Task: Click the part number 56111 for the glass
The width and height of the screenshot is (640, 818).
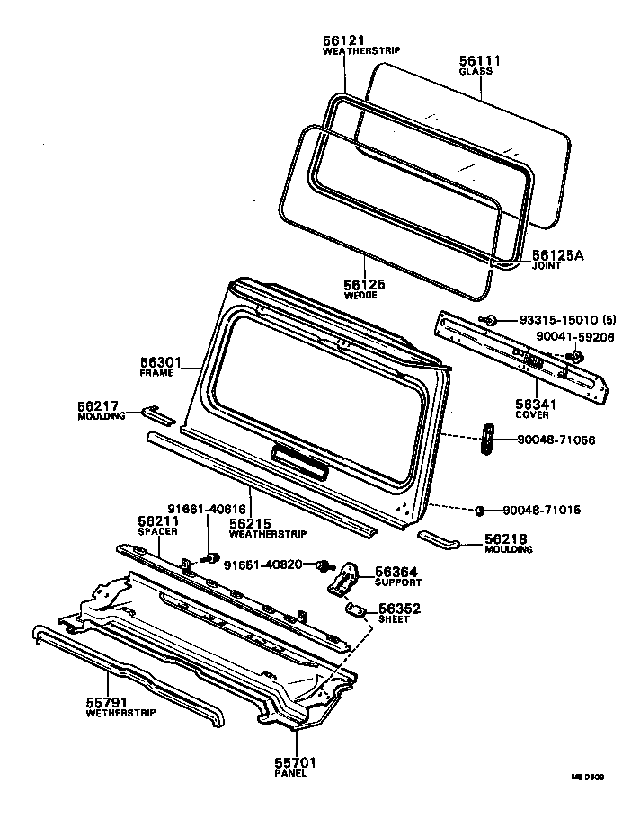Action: click(x=480, y=60)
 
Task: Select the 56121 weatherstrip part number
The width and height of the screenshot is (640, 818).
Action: click(x=343, y=41)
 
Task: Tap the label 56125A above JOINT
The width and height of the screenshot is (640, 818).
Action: click(x=557, y=256)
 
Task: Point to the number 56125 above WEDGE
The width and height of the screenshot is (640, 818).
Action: click(x=364, y=284)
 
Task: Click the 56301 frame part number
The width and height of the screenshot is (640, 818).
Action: click(x=161, y=363)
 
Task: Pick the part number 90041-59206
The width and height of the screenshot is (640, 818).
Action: click(x=574, y=337)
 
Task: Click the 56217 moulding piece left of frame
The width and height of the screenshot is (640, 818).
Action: click(x=156, y=413)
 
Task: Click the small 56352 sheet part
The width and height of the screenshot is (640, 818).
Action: click(x=356, y=611)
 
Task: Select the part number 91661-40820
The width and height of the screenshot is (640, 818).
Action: click(x=267, y=565)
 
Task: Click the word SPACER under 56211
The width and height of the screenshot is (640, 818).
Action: click(x=153, y=531)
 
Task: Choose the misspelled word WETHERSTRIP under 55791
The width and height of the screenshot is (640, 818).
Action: click(x=120, y=713)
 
